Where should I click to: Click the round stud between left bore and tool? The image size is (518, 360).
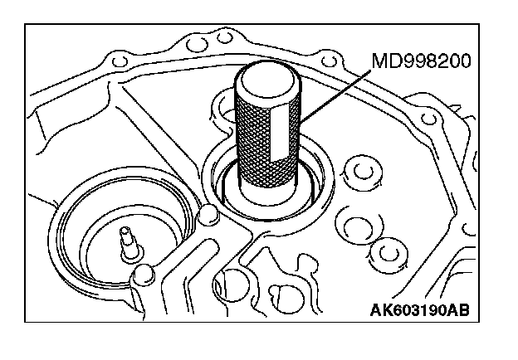pyautogui.click(x=208, y=217)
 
